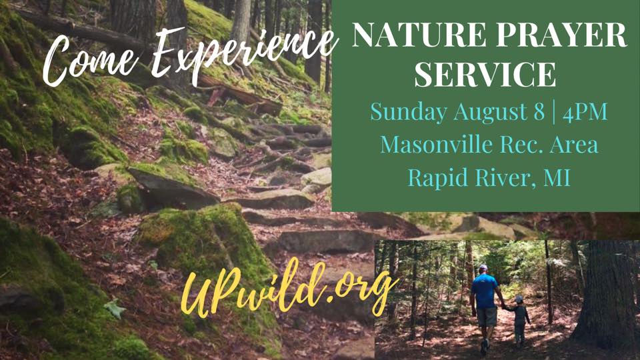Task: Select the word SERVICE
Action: click(x=485, y=74)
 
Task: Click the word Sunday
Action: click(x=409, y=112)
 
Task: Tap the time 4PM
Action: click(x=585, y=111)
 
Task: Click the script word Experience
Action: click(x=245, y=51)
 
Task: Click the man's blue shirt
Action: click(x=485, y=291)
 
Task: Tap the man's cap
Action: click(x=483, y=268)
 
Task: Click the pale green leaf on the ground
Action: click(x=115, y=308)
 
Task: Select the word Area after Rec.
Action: click(x=574, y=145)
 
